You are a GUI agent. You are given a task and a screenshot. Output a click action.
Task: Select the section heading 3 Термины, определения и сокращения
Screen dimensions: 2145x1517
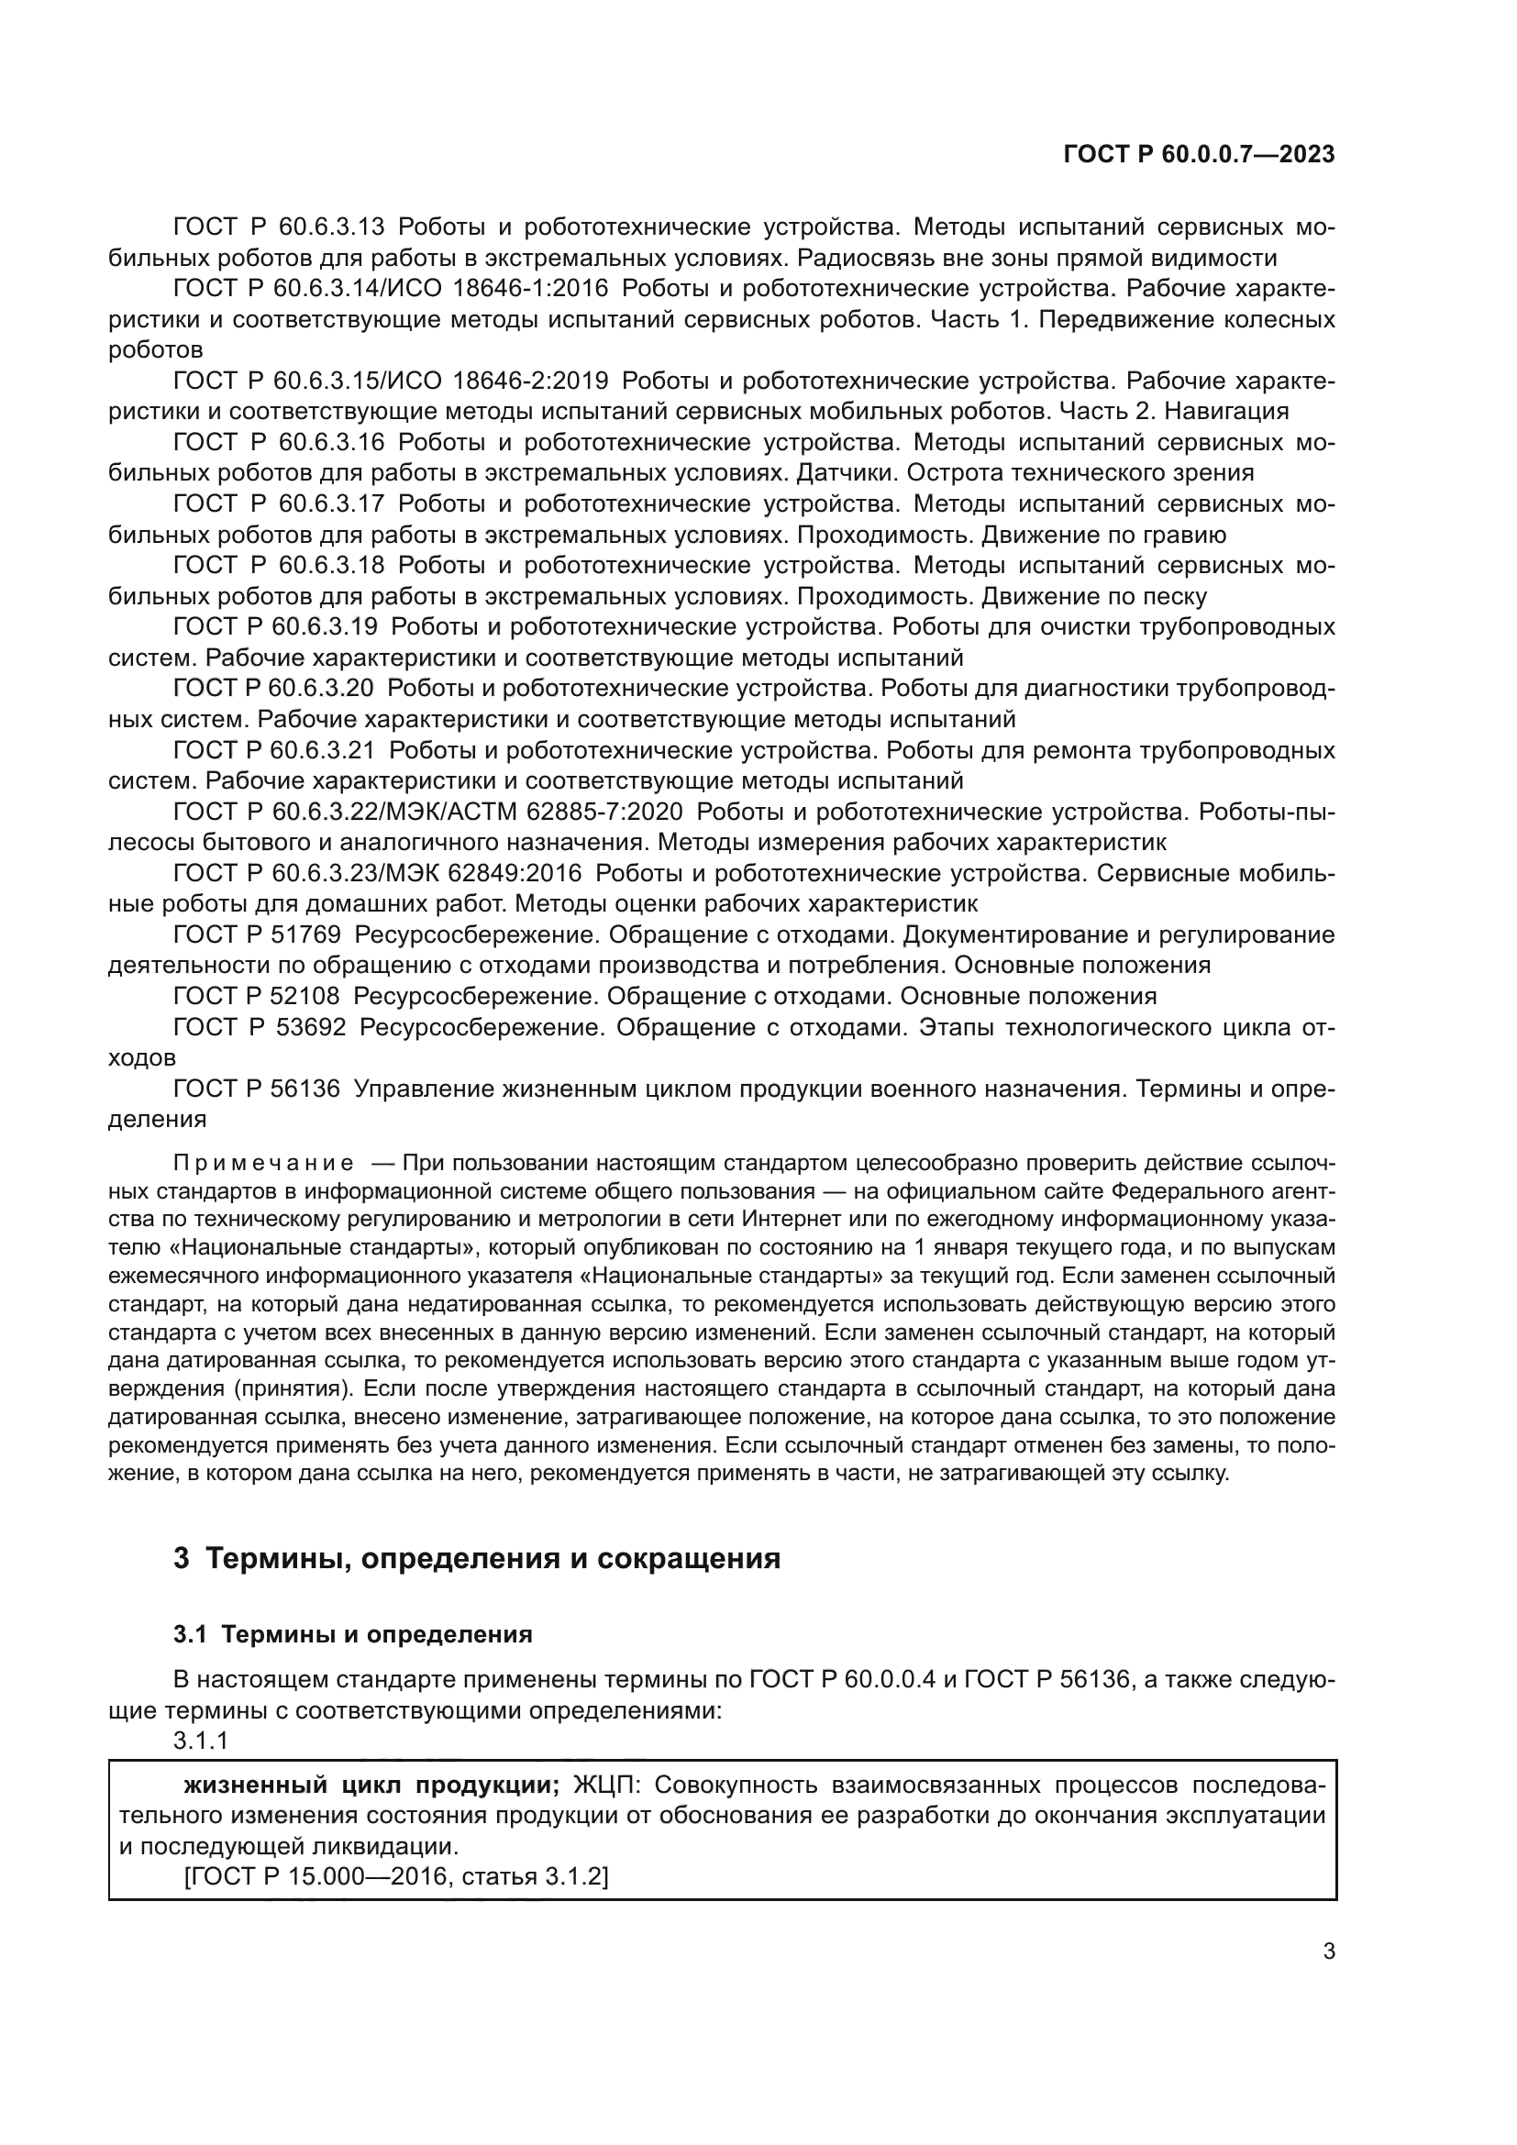pyautogui.click(x=476, y=1559)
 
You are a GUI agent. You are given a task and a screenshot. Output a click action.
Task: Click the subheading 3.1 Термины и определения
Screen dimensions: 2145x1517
pyautogui.click(x=353, y=1634)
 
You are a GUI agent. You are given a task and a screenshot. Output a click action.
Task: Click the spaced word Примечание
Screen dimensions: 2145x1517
pyautogui.click(x=264, y=1163)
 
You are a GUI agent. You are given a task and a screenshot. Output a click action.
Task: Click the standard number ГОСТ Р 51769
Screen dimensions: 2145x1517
pyautogui.click(x=257, y=935)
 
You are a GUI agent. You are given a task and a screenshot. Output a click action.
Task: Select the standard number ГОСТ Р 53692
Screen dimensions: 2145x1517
pyautogui.click(x=260, y=1028)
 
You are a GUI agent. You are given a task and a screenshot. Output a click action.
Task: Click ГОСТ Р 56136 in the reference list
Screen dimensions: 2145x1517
pyautogui.click(x=257, y=1089)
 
